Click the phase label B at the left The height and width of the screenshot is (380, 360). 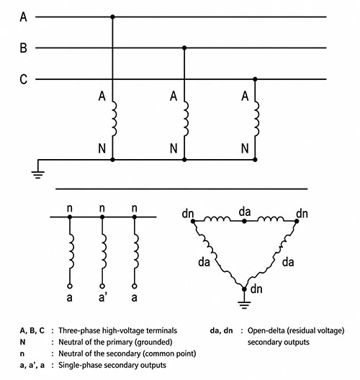[x=23, y=47]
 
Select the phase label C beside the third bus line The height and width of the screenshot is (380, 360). [x=23, y=79]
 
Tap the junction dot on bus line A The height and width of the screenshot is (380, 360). [x=112, y=17]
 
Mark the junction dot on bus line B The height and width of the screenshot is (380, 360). [x=184, y=47]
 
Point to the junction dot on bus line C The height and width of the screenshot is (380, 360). [x=255, y=79]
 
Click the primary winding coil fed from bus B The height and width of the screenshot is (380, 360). [x=186, y=119]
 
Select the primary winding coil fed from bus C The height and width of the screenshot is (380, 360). [x=256, y=119]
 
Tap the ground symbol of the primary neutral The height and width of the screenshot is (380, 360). [x=38, y=174]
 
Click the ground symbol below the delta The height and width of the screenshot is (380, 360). [x=244, y=305]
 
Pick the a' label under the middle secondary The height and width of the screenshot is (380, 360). [x=102, y=297]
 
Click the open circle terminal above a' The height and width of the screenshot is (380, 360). [x=102, y=286]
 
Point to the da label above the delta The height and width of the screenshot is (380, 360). [x=245, y=212]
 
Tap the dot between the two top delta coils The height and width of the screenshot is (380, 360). [x=244, y=221]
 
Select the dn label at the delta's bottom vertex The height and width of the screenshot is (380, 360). [x=256, y=289]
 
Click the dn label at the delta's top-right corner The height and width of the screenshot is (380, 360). [x=302, y=214]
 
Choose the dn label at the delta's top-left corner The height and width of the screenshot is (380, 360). [x=188, y=214]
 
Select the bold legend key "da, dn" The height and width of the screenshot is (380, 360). [x=221, y=330]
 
